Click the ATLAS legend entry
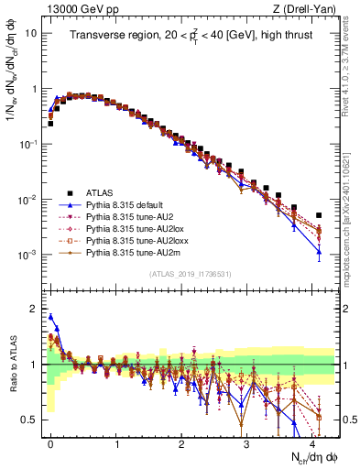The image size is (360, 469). [100, 192]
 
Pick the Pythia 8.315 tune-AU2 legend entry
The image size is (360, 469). [131, 216]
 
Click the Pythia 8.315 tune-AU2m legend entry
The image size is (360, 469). [133, 252]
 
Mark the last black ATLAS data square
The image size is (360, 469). [319, 215]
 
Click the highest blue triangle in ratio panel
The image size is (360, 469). [50, 317]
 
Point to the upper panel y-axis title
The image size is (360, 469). [12, 92]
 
